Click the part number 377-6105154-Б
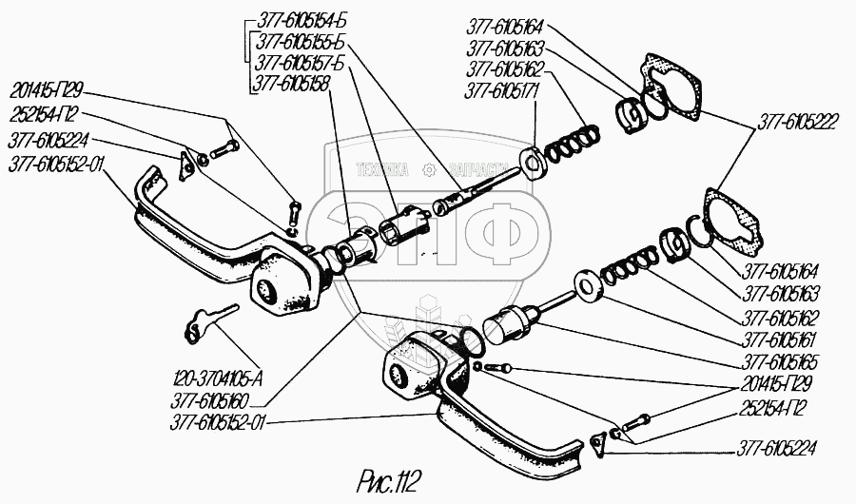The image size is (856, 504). click(x=297, y=24)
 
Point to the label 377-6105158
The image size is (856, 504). click(x=290, y=84)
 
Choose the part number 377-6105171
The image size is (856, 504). click(x=503, y=92)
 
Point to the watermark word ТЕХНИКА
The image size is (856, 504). click(x=381, y=170)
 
